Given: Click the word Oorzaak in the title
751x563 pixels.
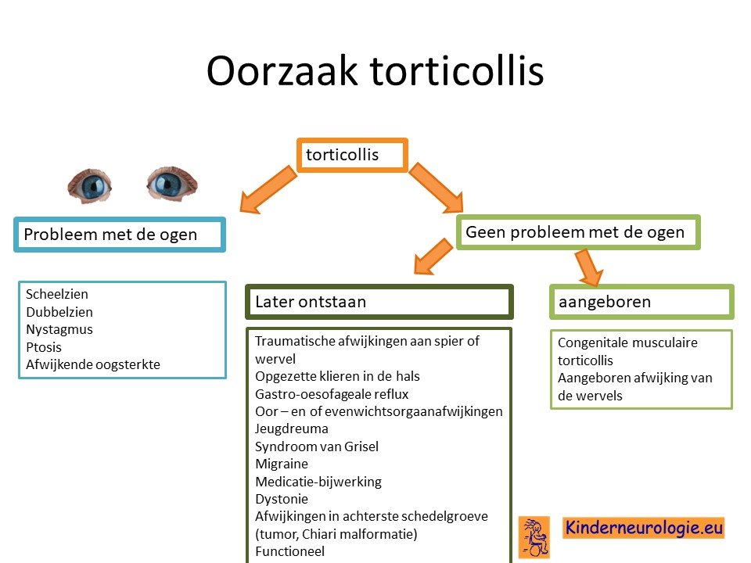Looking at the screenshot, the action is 282,71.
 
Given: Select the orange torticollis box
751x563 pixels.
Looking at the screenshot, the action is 352,155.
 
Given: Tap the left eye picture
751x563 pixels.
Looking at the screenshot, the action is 89,186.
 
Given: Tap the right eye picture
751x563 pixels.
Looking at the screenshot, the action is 172,183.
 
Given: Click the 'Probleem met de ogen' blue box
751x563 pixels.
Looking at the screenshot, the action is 120,235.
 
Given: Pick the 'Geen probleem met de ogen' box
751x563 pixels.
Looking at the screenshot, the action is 578,232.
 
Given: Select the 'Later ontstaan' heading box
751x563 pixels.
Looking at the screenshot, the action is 379,302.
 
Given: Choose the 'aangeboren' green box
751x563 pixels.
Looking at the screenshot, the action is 641,302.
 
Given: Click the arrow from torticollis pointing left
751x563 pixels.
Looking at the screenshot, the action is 268,189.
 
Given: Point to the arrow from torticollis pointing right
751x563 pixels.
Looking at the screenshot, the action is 436,188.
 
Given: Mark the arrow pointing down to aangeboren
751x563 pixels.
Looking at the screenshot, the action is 588,267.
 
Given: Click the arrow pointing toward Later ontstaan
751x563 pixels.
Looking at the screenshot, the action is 433,257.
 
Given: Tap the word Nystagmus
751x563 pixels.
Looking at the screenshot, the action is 59,330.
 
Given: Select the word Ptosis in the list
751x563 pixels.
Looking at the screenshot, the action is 44,347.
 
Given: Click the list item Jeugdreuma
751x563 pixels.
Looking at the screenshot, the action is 292,429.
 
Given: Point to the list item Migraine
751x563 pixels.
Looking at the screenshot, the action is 282,464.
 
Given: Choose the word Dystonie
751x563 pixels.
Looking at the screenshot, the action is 282,499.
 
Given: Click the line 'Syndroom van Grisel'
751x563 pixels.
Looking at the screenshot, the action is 317,446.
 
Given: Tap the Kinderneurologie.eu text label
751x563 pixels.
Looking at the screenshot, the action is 644,528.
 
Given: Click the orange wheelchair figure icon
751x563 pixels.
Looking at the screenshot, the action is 534,537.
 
